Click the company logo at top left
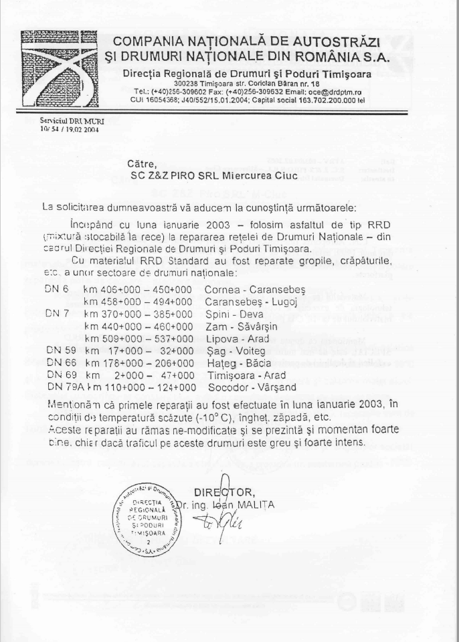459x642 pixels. coord(58,69)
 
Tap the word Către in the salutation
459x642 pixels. coord(142,162)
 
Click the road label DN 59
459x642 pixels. coord(58,350)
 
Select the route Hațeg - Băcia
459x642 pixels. coord(238,362)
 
